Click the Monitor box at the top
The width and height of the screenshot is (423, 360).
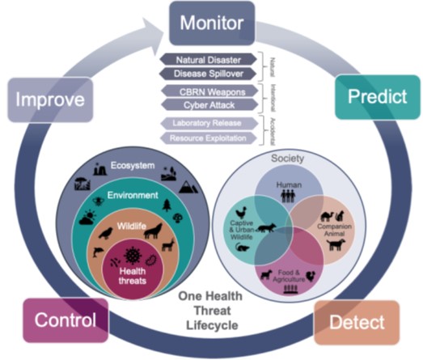point(212,23)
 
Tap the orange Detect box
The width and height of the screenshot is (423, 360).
point(357,323)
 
